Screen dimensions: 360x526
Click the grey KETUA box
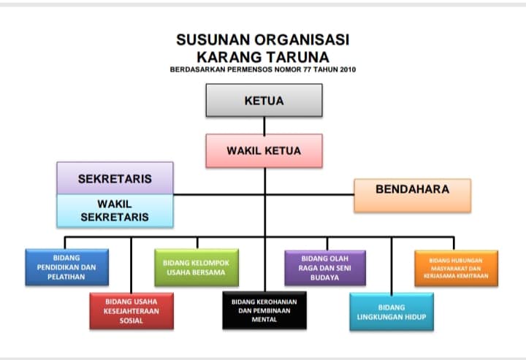(x=264, y=100)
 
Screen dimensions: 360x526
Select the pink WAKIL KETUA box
(x=264, y=151)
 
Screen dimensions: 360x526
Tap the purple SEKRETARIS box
(x=115, y=178)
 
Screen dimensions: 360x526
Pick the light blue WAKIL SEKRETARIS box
(x=115, y=211)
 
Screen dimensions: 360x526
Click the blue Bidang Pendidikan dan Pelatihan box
(x=67, y=267)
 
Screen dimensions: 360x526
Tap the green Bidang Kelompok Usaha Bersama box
(x=196, y=267)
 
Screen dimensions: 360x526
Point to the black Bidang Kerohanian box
(x=264, y=310)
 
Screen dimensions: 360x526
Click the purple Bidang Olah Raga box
(x=324, y=267)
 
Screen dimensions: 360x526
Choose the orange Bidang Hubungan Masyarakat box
(x=456, y=267)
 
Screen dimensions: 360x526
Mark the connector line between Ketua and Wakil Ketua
(x=264, y=126)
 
